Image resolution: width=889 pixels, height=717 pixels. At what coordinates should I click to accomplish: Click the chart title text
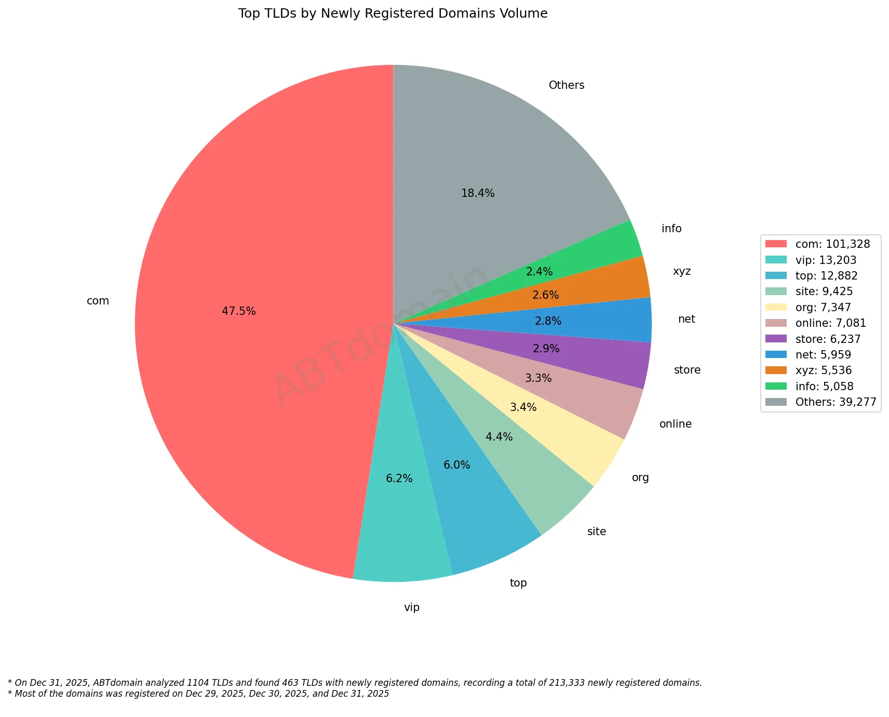pos(393,14)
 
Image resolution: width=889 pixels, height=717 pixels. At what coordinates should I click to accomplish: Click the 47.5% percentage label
pos(239,311)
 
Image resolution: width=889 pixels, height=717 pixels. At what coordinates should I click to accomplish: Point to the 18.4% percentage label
pos(478,194)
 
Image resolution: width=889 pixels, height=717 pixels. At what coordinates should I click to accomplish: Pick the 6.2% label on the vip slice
pos(399,479)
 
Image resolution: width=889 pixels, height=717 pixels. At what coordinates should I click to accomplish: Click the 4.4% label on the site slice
pos(499,437)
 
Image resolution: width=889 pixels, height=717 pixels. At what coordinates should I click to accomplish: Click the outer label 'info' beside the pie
pos(671,229)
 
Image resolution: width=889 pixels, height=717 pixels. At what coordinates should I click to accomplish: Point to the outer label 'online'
pos(676,424)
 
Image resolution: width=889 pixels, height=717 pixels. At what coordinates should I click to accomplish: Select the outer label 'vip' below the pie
pos(412,607)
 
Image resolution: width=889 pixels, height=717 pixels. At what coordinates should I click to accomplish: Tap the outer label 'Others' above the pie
pos(567,85)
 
